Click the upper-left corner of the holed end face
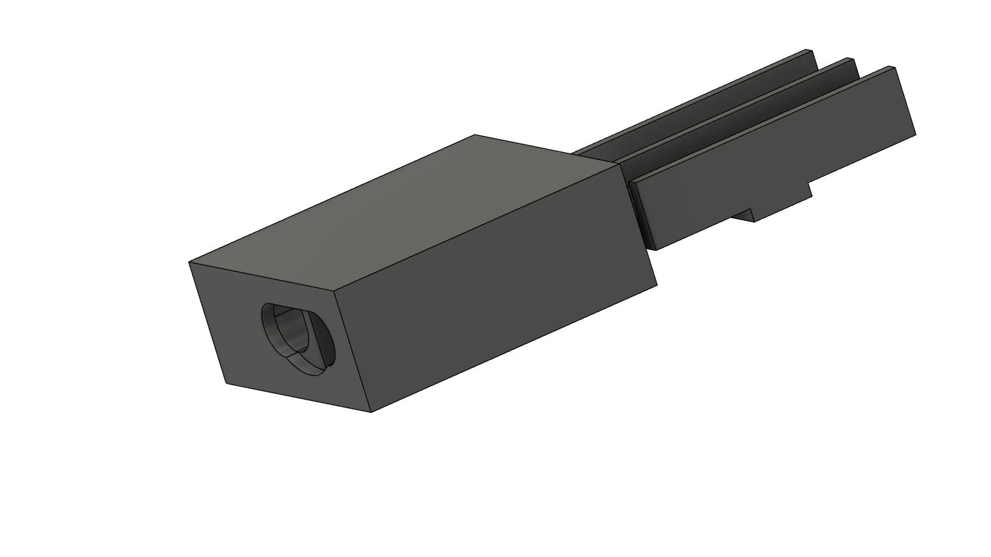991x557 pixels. point(189,263)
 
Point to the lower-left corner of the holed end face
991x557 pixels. point(227,383)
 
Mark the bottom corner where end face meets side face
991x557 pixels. point(371,412)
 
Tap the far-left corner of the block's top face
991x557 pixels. point(475,135)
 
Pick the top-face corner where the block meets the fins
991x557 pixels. point(620,163)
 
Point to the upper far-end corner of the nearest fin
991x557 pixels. point(895,67)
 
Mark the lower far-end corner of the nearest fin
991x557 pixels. point(915,135)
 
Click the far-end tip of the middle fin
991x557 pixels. point(854,60)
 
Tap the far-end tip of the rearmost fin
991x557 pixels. point(810,51)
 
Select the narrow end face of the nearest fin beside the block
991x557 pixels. point(642,215)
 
